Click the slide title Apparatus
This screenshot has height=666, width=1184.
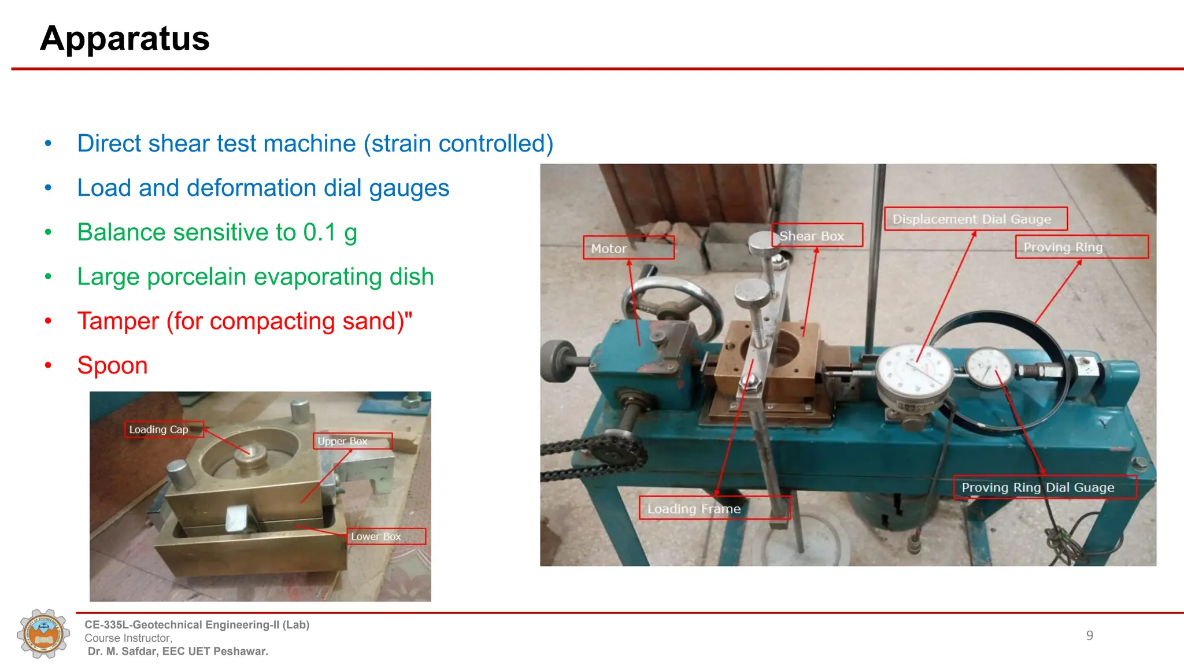[x=125, y=39]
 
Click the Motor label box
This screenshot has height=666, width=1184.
[x=628, y=248]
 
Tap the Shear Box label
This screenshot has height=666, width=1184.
[x=817, y=236]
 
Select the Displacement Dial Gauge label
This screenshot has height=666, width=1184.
[x=975, y=219]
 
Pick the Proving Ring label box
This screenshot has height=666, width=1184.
[x=1081, y=247]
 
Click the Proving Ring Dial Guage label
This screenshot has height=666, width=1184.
[x=1044, y=487]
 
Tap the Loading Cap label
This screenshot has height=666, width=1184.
[x=164, y=430]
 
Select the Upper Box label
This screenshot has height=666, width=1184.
[x=352, y=441]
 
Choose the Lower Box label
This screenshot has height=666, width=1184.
[x=386, y=536]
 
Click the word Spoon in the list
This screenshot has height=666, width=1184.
[x=113, y=365]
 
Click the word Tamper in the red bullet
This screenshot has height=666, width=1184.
[x=118, y=321]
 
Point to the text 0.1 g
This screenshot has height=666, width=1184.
[x=330, y=232]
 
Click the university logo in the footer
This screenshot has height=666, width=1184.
[x=43, y=634]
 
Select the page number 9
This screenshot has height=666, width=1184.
[x=1089, y=635]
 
